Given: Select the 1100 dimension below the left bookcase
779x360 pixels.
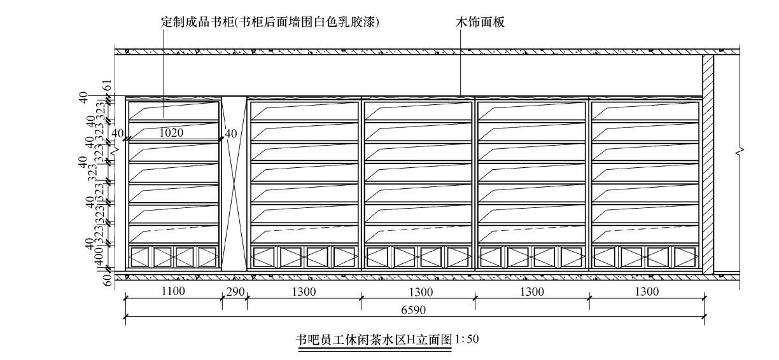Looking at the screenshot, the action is pos(173,292).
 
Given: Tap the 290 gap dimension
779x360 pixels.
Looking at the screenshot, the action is pos(234,292).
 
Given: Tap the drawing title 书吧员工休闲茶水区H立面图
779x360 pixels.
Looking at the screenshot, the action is pos(374,340).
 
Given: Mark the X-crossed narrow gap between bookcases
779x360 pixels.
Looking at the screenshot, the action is pos(234,184).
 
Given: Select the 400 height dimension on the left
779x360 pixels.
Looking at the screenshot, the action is pos(99,258).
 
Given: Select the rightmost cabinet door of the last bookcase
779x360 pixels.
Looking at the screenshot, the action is pos(686,257).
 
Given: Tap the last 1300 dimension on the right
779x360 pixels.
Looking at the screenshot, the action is pos(647,292).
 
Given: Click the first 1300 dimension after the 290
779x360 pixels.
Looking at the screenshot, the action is pos(304,292).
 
